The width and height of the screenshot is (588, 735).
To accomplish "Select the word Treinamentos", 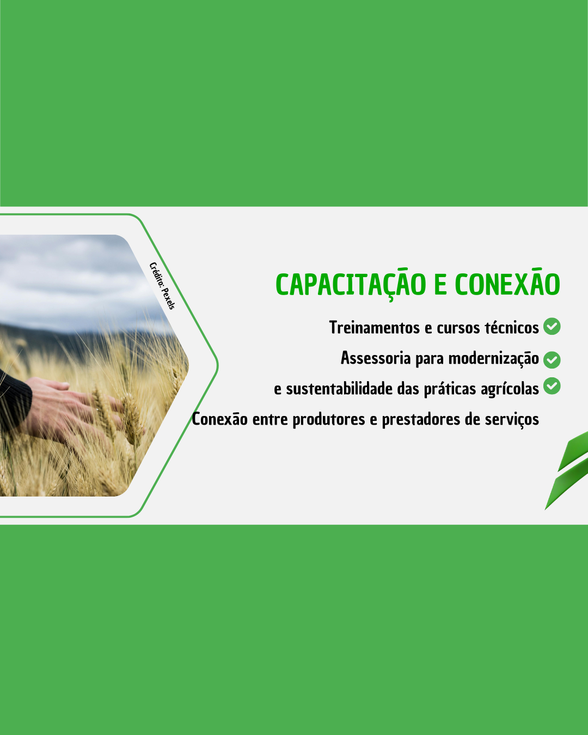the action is pyautogui.click(x=374, y=327).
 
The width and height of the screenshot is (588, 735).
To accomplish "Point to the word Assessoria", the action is pyautogui.click(x=376, y=358).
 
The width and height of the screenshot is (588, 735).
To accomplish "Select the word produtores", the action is pyautogui.click(x=329, y=420).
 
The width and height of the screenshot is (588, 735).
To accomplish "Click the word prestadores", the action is pyautogui.click(x=421, y=420).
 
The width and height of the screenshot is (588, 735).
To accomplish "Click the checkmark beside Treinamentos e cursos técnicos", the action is pyautogui.click(x=552, y=326).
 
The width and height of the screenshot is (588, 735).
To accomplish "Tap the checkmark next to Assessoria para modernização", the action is pyautogui.click(x=552, y=360).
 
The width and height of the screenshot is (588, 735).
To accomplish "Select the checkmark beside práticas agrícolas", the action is pyautogui.click(x=552, y=386).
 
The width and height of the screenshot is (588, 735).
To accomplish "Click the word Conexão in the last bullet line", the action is pyautogui.click(x=220, y=419).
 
